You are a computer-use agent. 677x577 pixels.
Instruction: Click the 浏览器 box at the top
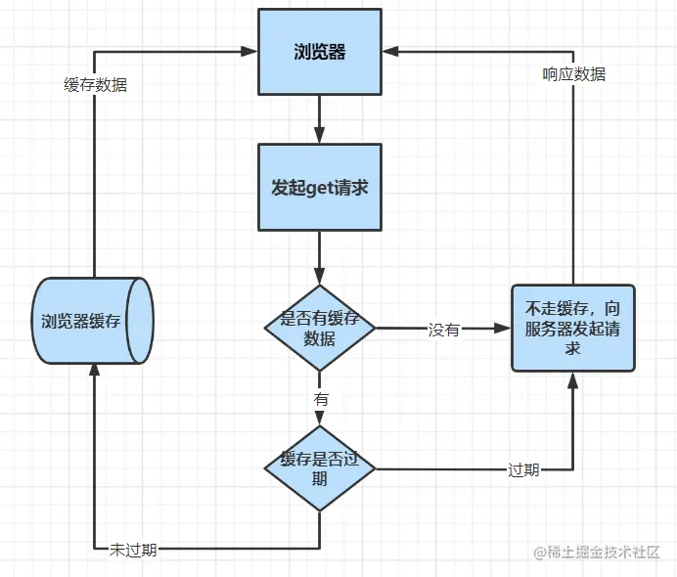(x=319, y=52)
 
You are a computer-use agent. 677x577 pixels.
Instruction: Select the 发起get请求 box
(x=319, y=189)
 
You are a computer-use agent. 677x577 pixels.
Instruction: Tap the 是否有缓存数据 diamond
(x=319, y=329)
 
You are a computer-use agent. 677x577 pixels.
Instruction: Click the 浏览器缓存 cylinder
(x=93, y=321)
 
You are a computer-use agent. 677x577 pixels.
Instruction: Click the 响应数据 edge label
(x=573, y=73)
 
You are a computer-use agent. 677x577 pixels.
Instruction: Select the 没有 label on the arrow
(x=443, y=330)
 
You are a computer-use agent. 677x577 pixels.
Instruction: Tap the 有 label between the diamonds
(x=320, y=399)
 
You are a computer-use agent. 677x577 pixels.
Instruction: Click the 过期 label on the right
(x=523, y=469)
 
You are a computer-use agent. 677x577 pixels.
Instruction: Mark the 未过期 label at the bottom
(x=133, y=549)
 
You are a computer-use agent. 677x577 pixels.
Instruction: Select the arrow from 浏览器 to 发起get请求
(x=319, y=119)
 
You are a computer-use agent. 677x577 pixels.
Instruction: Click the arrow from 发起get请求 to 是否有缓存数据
(x=319, y=257)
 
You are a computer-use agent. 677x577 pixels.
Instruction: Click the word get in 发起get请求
(x=320, y=189)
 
